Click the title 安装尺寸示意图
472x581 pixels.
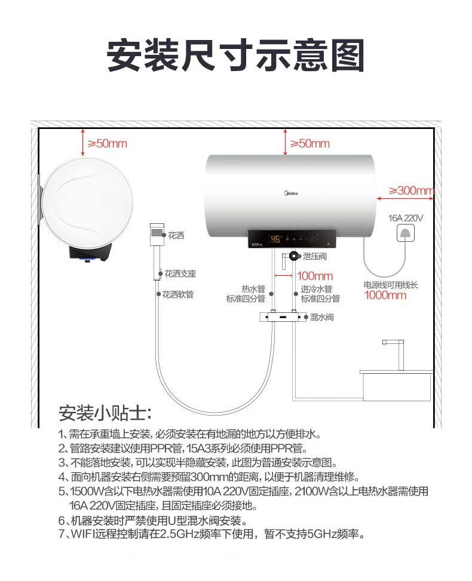(236, 56)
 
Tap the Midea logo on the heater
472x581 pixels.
(291, 193)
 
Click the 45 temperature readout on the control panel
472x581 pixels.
(275, 239)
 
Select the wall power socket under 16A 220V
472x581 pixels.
(406, 233)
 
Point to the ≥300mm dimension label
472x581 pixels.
(411, 190)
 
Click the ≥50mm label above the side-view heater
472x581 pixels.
(108, 143)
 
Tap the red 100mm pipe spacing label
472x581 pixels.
(315, 276)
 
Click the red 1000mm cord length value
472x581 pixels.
(385, 296)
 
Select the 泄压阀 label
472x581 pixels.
(315, 256)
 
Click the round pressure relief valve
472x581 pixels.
(294, 256)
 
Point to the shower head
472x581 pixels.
(157, 234)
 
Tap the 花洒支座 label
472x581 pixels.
(180, 274)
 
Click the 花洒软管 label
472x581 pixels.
(178, 294)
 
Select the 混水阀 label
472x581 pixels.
(322, 317)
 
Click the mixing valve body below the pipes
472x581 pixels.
(283, 317)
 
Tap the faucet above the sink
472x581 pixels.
(394, 354)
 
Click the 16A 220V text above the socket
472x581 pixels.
(406, 218)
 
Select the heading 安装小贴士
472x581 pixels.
(105, 413)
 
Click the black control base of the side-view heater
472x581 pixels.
(91, 252)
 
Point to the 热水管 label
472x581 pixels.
(253, 289)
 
